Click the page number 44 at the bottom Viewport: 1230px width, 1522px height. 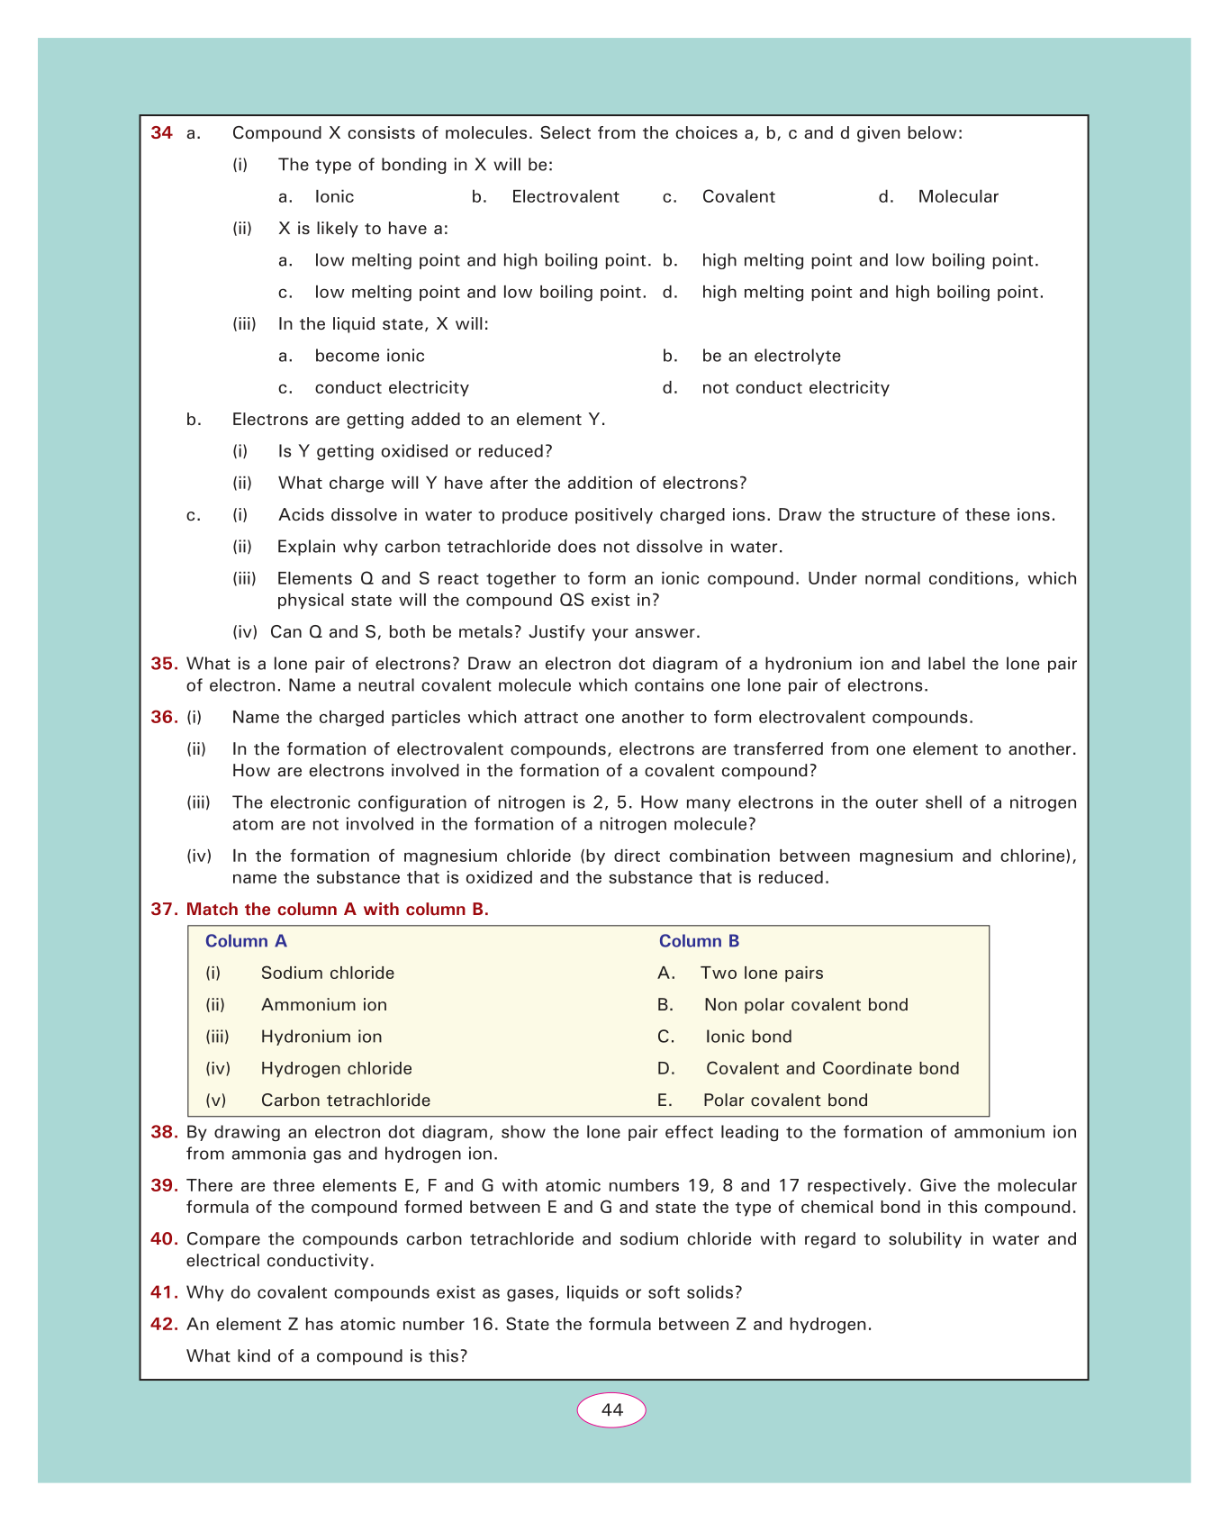(x=611, y=1410)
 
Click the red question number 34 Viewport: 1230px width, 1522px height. (x=161, y=133)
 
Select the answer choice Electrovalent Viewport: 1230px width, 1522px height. (x=565, y=197)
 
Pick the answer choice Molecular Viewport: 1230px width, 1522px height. (x=958, y=197)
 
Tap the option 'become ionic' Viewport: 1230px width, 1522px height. (x=369, y=357)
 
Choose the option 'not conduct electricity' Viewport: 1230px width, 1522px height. (x=795, y=388)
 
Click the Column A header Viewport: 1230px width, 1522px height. (x=246, y=942)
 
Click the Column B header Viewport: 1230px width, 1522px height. (x=699, y=942)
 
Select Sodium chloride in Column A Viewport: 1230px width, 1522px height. (x=327, y=974)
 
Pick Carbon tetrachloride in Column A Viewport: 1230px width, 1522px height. (x=345, y=1101)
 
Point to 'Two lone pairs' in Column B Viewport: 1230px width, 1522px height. (x=762, y=974)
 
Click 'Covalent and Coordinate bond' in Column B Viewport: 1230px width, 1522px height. (x=832, y=1069)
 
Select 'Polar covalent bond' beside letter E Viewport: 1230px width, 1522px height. (x=785, y=1101)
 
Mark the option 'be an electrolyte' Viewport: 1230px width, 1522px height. (x=771, y=357)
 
